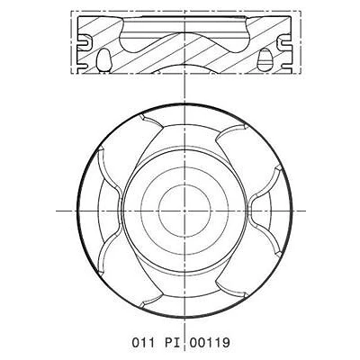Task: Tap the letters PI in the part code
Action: point(173,342)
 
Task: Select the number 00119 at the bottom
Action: point(210,342)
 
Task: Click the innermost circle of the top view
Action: point(184,211)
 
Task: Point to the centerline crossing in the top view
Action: point(184,211)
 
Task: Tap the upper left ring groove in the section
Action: point(85,41)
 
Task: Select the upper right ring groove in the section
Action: point(284,41)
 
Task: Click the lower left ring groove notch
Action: point(83,66)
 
